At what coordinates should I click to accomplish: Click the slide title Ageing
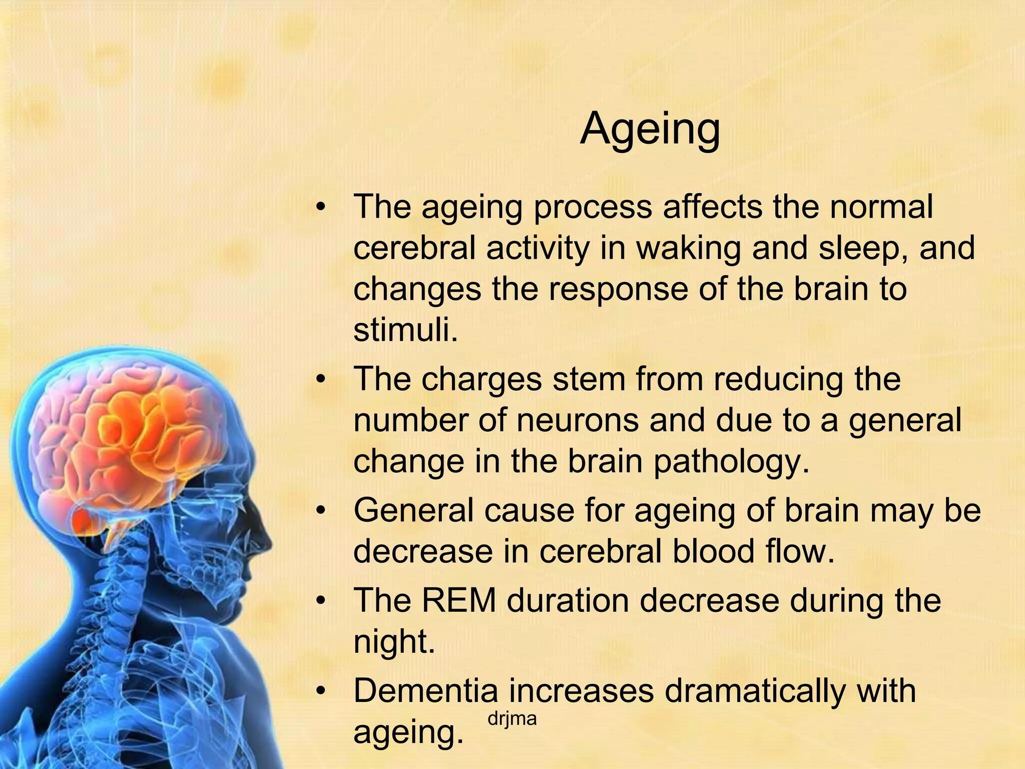(650, 129)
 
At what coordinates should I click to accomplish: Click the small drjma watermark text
(511, 719)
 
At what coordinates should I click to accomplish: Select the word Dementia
(425, 690)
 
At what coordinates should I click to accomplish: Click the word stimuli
(405, 330)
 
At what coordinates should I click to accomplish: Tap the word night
(393, 642)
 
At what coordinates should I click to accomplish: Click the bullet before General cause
(321, 511)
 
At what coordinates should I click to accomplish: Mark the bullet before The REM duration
(321, 600)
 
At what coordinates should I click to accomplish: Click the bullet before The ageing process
(321, 207)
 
